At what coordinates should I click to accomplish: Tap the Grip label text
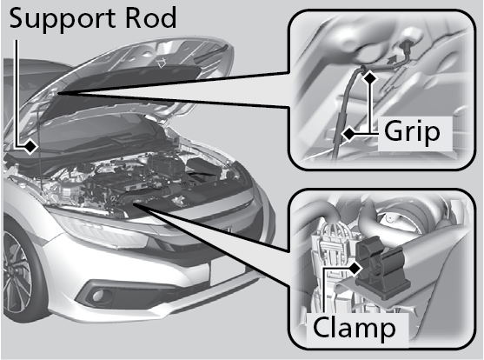pyautogui.click(x=412, y=132)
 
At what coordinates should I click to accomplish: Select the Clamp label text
pyautogui.click(x=354, y=328)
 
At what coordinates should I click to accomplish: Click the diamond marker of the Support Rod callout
pyautogui.click(x=30, y=146)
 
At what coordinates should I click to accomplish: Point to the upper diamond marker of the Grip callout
pyautogui.click(x=370, y=77)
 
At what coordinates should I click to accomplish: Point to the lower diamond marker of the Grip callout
pyautogui.click(x=349, y=134)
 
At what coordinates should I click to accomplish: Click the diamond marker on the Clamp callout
pyautogui.click(x=355, y=269)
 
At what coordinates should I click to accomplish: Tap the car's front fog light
pyautogui.click(x=98, y=295)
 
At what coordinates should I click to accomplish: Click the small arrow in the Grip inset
pyautogui.click(x=391, y=60)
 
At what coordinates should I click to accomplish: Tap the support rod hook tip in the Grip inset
pyautogui.click(x=363, y=68)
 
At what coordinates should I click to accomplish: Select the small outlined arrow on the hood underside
pyautogui.click(x=161, y=63)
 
